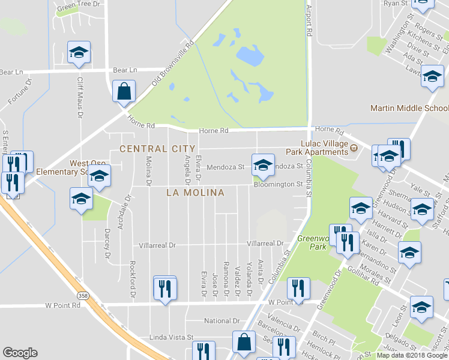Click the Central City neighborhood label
(x=157, y=148)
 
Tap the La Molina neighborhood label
(x=196, y=193)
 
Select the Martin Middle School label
(x=409, y=108)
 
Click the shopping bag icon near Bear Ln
(x=124, y=92)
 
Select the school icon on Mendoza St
(x=262, y=164)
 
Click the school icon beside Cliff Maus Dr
(x=79, y=52)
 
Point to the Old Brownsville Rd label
(x=173, y=62)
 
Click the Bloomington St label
(x=277, y=184)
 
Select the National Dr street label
(x=221, y=321)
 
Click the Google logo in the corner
(x=20, y=353)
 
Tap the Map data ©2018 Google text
(x=412, y=355)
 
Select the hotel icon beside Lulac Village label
(x=354, y=148)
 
